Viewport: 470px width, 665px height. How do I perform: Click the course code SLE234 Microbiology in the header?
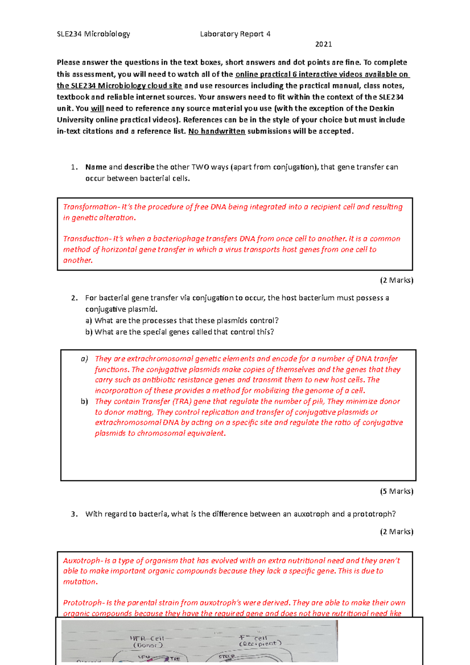point(93,34)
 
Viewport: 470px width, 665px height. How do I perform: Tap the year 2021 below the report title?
point(324,44)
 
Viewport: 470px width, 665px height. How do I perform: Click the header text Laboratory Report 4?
point(235,34)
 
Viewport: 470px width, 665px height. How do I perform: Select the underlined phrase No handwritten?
point(217,131)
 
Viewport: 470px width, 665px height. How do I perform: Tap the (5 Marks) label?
point(396,491)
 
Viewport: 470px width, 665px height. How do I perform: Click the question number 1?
point(74,167)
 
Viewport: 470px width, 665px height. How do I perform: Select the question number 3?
point(74,514)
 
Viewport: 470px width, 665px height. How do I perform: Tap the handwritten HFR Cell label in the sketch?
point(147,638)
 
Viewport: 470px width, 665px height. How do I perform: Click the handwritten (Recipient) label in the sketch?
point(260,643)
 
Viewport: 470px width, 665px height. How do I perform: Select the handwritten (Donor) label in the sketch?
point(148,645)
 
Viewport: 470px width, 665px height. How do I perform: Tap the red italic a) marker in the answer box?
point(84,359)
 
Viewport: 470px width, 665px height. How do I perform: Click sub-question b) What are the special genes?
point(179,332)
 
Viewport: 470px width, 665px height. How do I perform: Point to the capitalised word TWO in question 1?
point(200,167)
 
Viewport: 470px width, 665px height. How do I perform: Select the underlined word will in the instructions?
point(97,108)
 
